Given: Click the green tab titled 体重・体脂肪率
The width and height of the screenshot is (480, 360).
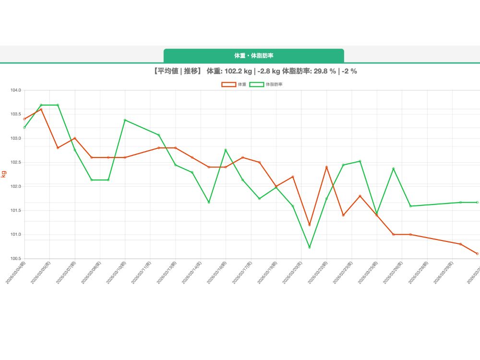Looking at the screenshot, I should tap(253, 56).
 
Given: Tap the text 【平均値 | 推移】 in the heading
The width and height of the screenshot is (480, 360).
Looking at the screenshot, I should tap(175, 72).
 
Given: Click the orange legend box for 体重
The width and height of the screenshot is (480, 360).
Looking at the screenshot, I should tap(228, 84).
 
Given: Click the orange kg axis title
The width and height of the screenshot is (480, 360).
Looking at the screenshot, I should tap(4, 174).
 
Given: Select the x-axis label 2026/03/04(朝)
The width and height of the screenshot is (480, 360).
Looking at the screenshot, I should tap(16, 272).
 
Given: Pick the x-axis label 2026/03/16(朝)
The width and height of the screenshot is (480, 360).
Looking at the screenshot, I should tap(218, 272).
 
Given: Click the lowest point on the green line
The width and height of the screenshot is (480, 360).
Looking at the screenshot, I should tap(310, 247).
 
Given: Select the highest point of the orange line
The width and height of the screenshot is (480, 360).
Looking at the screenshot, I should tap(41, 109).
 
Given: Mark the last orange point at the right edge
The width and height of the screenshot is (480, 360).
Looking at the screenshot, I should tap(477, 253).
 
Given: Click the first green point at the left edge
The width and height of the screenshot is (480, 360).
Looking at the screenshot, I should tap(24, 127).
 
